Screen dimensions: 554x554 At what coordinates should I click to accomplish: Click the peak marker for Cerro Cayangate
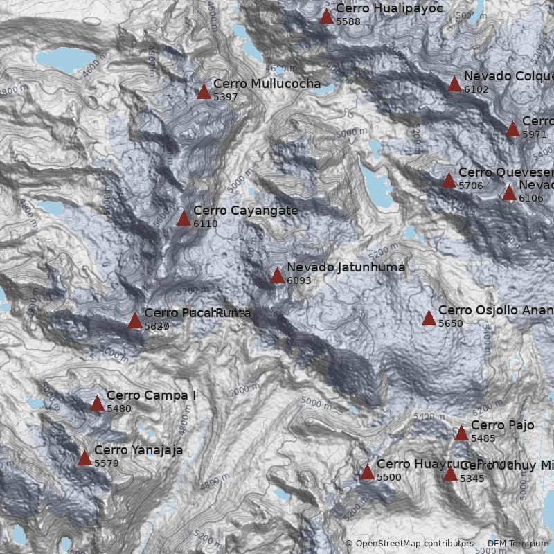pos(184,219)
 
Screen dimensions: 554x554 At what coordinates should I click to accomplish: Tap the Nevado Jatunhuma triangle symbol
pos(277,276)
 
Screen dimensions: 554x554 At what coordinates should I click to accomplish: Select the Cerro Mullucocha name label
pos(267,84)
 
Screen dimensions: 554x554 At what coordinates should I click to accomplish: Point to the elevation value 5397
pos(226,98)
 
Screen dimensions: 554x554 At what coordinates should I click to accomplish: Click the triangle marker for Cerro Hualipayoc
pos(326,17)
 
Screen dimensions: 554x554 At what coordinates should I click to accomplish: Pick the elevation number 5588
pos(348,22)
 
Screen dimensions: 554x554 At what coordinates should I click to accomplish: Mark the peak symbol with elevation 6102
pos(454,84)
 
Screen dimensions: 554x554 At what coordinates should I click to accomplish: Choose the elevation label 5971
pos(535,134)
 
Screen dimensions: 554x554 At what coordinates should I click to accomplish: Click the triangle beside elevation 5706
pos(449,181)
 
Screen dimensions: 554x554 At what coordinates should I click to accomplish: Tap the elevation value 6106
pos(530,199)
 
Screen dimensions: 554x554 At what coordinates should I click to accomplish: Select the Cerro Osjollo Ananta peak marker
pos(429,319)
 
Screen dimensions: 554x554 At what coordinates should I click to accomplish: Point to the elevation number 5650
pos(451,324)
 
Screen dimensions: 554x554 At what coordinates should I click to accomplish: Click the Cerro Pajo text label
pos(502,425)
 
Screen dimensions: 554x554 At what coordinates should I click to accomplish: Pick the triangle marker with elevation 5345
pos(450,474)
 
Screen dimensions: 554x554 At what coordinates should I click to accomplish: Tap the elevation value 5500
pos(389,478)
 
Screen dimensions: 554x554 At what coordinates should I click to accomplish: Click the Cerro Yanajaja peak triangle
pos(84,458)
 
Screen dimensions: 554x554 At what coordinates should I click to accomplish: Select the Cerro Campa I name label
pos(152,395)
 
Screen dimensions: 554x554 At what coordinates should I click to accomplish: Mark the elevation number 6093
pos(299,281)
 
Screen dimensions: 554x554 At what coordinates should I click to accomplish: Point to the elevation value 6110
pos(206,224)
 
